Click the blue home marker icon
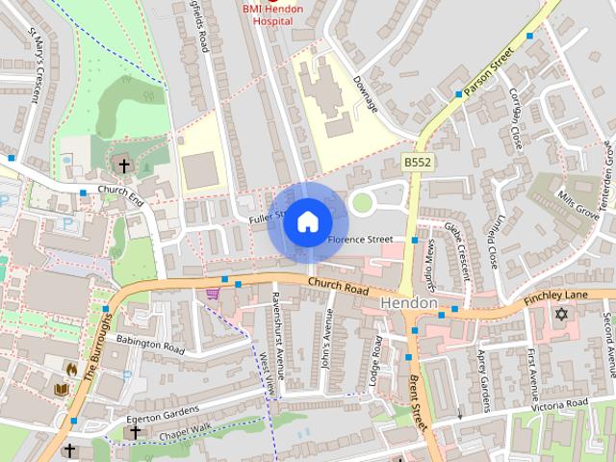point(307,222)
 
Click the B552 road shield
point(417,165)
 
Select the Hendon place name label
point(409,302)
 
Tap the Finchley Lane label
point(555,298)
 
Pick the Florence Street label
point(360,239)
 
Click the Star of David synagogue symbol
point(562,315)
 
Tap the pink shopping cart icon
point(213,293)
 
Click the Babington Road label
point(149,345)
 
